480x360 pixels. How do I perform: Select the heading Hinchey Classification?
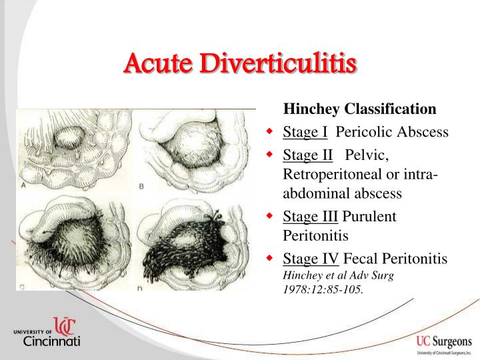pyautogui.click(x=360, y=109)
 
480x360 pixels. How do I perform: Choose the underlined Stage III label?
pyautogui.click(x=311, y=217)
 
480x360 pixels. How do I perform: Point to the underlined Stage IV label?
pyautogui.click(x=311, y=258)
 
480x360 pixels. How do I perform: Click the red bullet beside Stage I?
pyautogui.click(x=269, y=132)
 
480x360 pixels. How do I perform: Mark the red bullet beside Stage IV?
pyautogui.click(x=269, y=258)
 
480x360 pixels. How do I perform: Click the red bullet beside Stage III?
pyautogui.click(x=269, y=217)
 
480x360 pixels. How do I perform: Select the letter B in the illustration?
pyautogui.click(x=141, y=187)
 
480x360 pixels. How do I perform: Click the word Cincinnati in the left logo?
pyautogui.click(x=52, y=342)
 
